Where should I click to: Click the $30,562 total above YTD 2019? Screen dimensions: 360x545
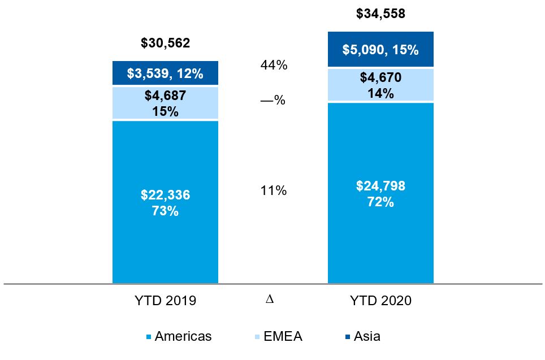coord(165,43)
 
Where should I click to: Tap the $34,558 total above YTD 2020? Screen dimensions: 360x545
coord(380,14)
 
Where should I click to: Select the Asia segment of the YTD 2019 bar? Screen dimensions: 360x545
coord(165,73)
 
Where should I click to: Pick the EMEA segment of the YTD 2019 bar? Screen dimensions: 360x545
coord(165,103)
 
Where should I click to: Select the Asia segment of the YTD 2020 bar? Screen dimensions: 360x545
coord(380,50)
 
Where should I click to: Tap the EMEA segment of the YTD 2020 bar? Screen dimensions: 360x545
coord(380,85)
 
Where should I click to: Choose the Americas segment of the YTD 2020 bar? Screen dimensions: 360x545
coord(380,237)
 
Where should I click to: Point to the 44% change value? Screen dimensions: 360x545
coord(274,65)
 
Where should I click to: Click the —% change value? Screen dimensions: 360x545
coord(272,101)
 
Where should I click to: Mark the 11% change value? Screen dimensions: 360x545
coord(274,191)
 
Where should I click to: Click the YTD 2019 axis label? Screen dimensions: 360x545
coord(165,301)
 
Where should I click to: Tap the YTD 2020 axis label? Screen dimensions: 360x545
coord(380,301)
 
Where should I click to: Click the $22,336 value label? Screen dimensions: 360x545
coord(165,196)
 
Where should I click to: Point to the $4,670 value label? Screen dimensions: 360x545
coord(380,77)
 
